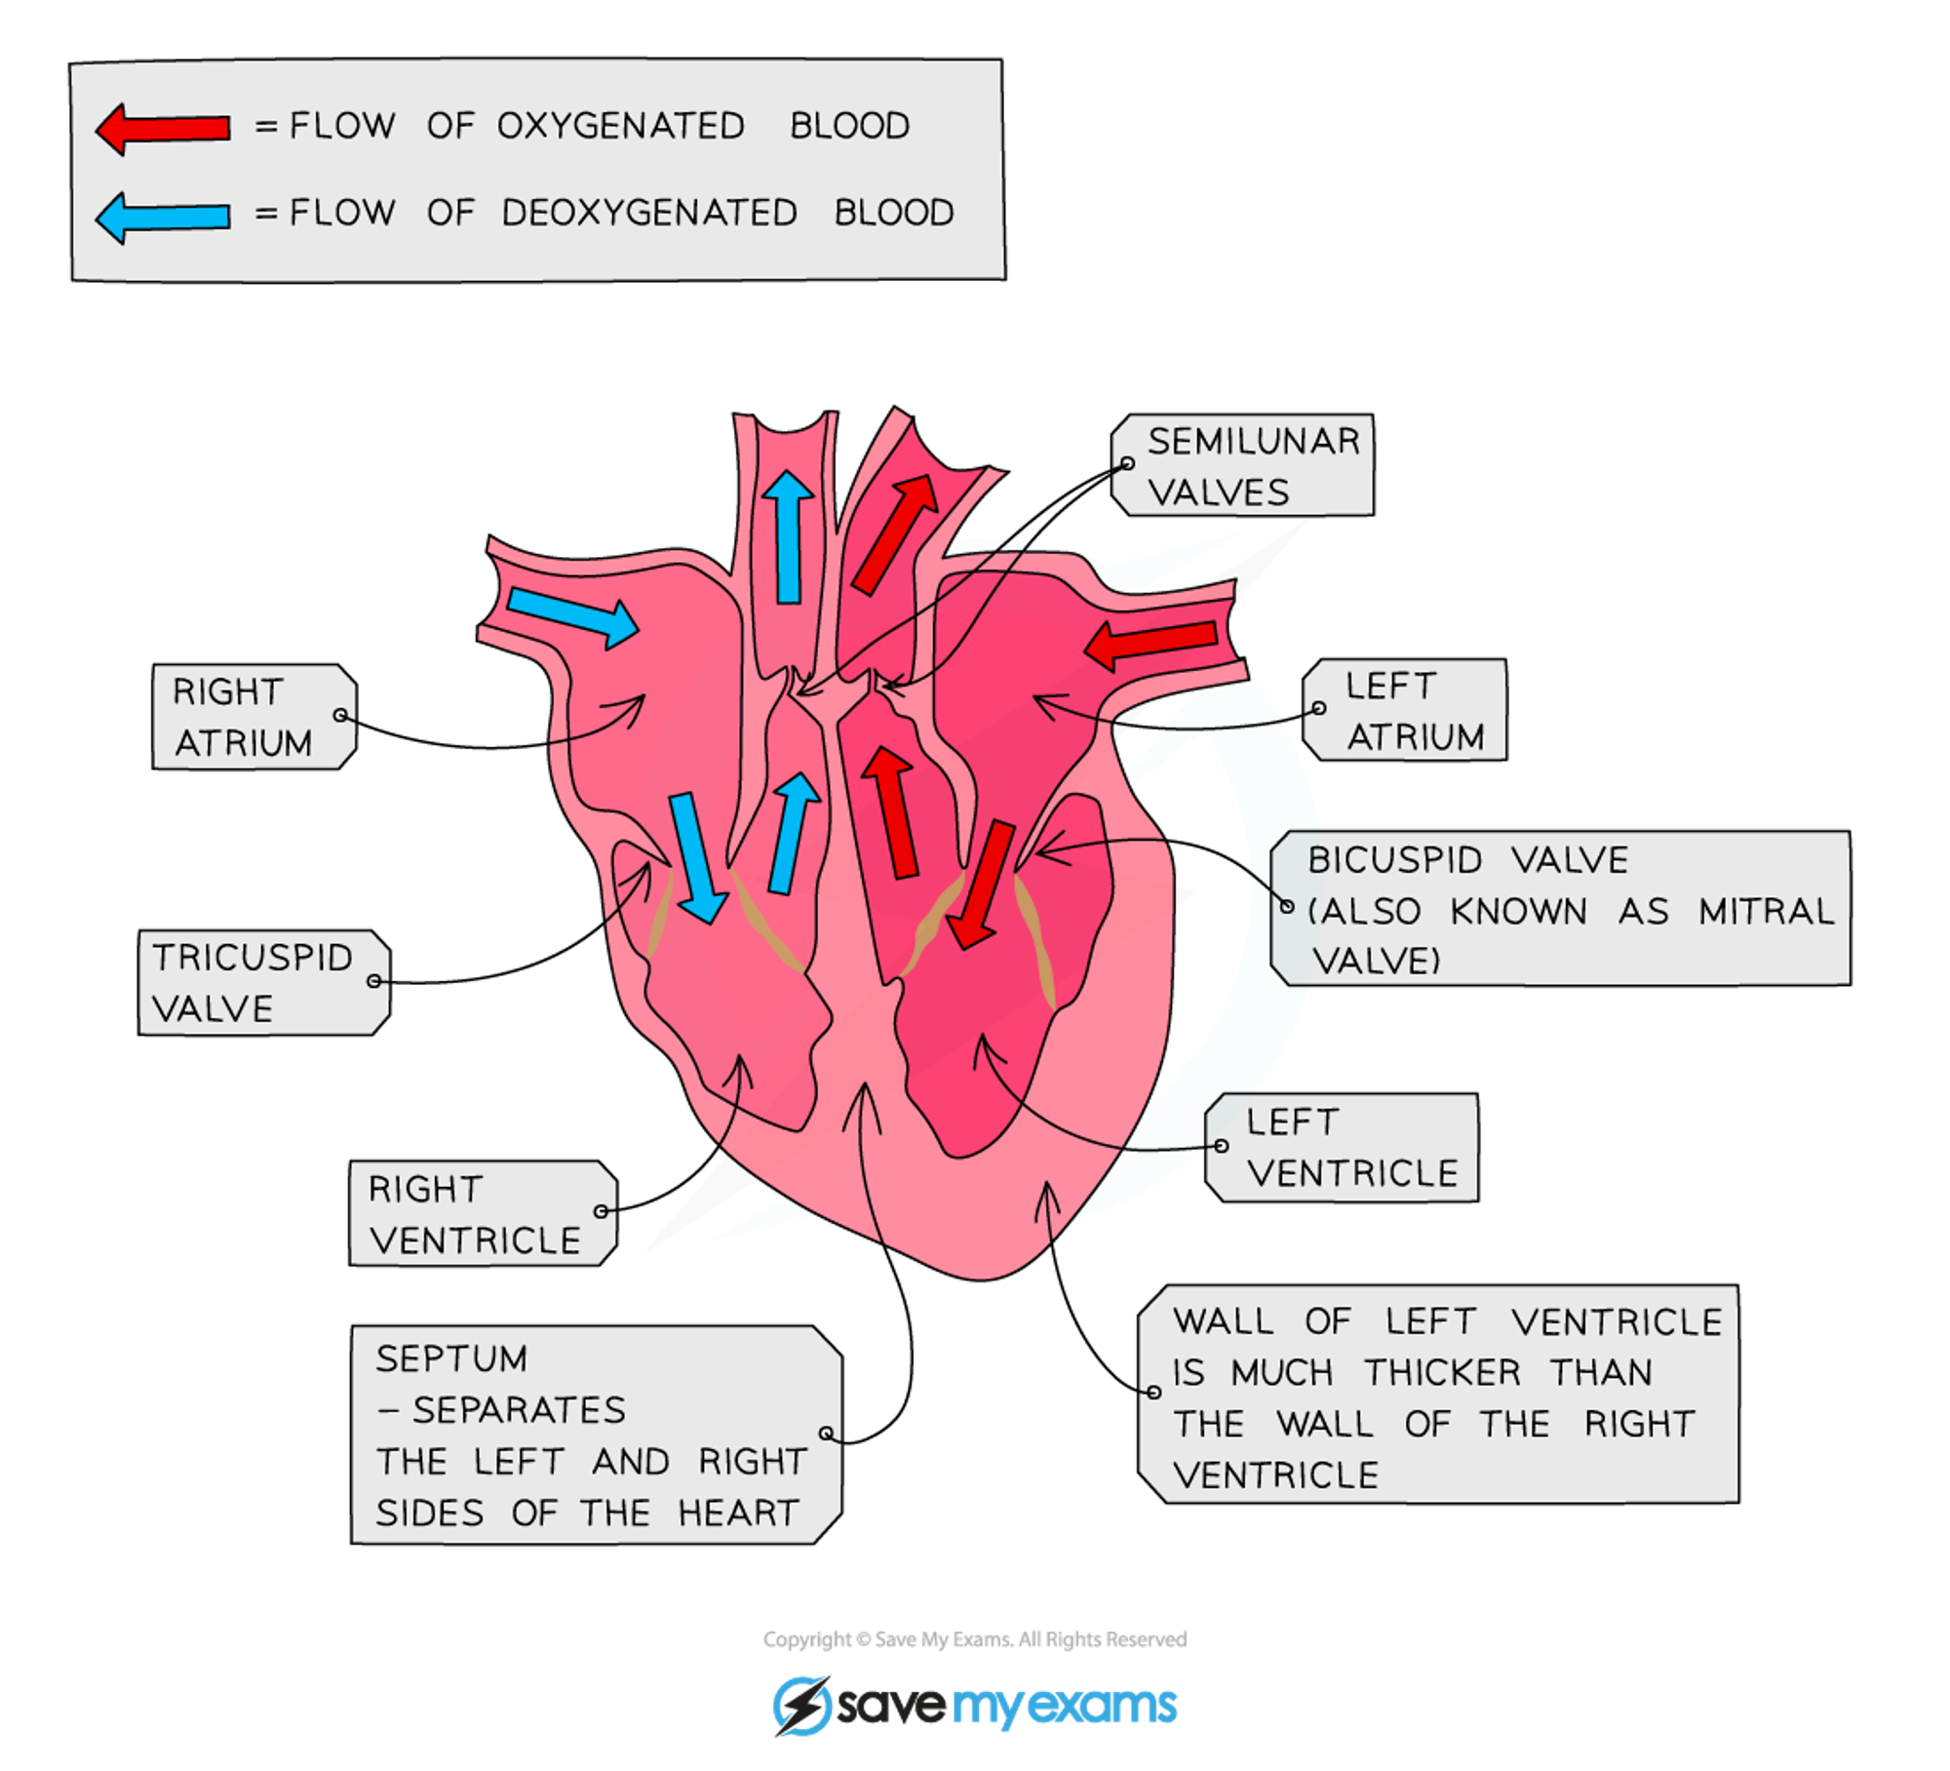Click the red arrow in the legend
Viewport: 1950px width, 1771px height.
pos(163,128)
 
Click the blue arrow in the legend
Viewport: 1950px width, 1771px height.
pos(163,216)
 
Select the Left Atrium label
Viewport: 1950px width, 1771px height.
pos(1405,711)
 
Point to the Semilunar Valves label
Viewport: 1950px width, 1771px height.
pos(1243,466)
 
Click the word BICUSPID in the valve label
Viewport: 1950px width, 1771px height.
pos(1394,860)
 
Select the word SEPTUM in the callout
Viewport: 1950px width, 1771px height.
pos(451,1358)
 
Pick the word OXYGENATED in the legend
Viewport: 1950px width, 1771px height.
pos(620,126)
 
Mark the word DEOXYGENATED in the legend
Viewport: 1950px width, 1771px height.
pos(648,213)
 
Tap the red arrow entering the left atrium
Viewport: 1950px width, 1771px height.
pos(1151,643)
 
